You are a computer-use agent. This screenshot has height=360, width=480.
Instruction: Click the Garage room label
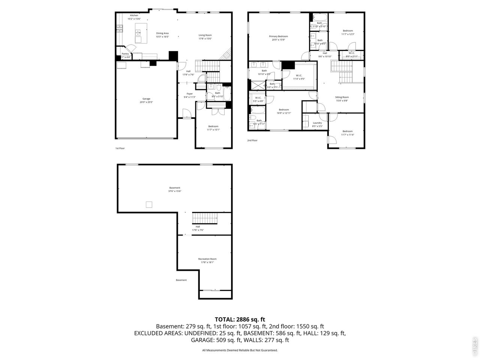146,99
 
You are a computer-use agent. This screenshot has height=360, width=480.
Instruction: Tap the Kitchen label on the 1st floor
134,15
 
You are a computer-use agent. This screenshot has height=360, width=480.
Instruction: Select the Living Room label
205,35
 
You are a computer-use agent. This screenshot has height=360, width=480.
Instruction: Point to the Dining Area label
162,33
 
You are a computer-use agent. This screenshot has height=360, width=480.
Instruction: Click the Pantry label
125,54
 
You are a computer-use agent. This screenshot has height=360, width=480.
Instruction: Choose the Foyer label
190,94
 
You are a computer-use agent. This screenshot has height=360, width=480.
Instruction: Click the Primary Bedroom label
278,36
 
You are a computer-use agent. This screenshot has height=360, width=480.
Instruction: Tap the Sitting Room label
342,97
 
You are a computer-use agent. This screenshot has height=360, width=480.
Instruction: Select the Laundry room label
317,123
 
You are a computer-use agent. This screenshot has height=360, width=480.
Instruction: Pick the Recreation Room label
207,259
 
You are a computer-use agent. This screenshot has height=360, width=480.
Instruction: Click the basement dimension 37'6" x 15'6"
175,191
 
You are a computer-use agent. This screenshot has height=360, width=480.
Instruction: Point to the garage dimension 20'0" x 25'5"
146,102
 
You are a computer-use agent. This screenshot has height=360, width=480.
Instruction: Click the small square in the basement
149,204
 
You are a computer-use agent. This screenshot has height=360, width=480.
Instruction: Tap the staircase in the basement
205,218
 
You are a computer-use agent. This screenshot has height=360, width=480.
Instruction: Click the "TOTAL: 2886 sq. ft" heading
240,319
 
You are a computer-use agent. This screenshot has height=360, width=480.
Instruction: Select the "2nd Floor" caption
252,140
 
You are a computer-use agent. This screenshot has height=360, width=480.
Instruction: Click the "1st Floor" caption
120,148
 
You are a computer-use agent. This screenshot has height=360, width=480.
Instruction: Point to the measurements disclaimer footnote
240,350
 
